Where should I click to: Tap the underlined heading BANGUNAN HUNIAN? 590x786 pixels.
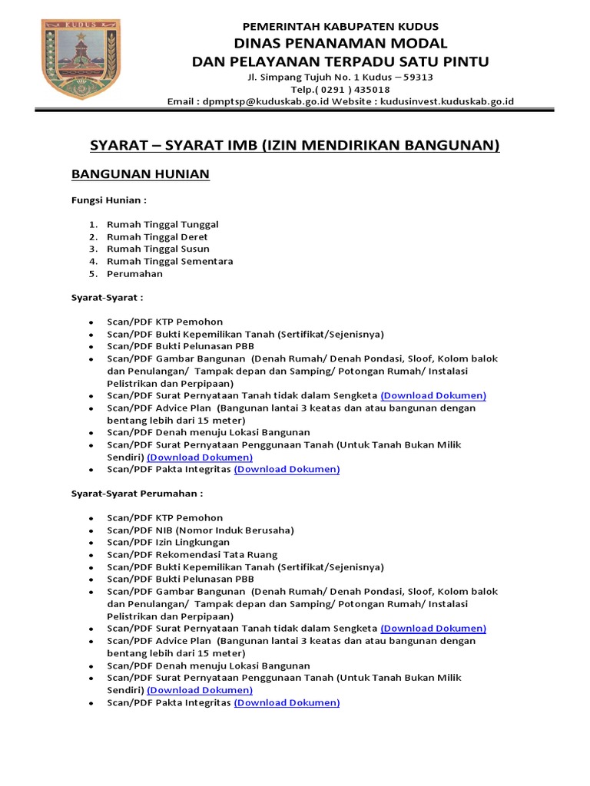140,174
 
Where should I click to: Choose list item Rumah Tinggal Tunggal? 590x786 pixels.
163,224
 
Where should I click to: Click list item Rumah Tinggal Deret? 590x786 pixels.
157,236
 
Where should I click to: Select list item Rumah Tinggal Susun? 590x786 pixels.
158,249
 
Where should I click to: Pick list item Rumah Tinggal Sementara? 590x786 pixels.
170,261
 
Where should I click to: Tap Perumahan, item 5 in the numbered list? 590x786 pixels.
135,273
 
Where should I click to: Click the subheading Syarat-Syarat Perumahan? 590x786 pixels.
137,493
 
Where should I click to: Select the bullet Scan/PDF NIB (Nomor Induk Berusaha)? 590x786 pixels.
201,530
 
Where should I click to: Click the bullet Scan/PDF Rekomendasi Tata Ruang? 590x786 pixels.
192,554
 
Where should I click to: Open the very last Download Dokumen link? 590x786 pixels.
287,702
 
